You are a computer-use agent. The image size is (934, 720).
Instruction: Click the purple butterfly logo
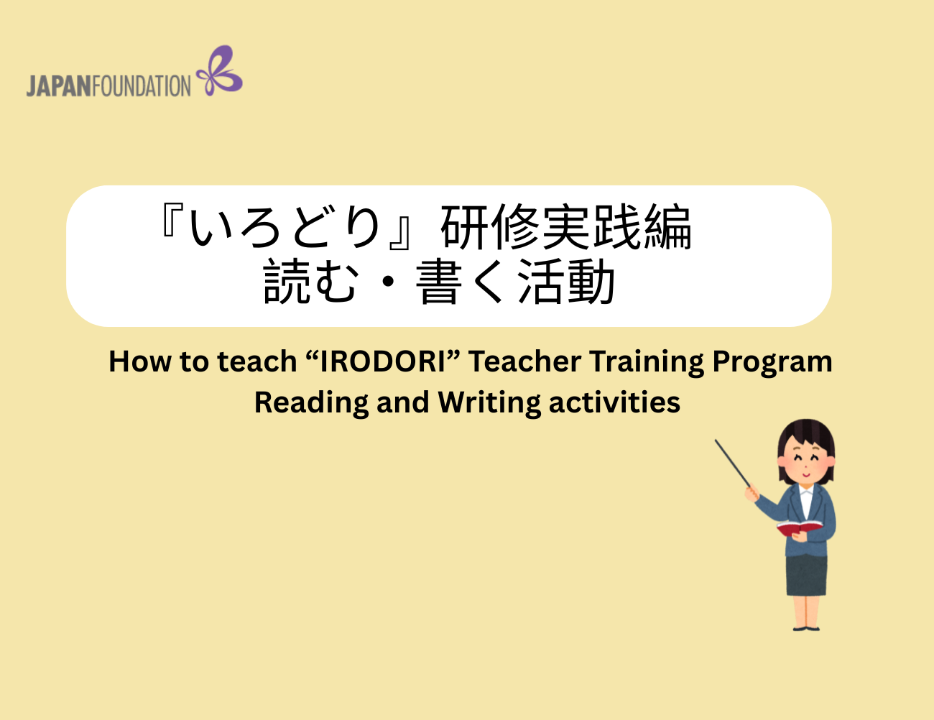[x=220, y=70]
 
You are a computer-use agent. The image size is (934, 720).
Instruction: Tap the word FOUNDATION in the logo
[x=142, y=86]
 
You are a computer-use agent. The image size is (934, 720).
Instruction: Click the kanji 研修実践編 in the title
[x=565, y=227]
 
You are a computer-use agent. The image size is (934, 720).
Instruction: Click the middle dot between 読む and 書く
[x=388, y=282]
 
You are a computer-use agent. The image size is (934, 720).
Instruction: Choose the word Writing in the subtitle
[x=489, y=404]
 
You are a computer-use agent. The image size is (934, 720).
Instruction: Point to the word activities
[x=614, y=402]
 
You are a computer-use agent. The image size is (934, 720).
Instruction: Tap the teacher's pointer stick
[x=733, y=463]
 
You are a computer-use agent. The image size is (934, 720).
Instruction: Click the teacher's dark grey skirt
[x=806, y=575]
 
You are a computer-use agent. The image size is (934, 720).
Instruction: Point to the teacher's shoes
[x=806, y=629]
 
